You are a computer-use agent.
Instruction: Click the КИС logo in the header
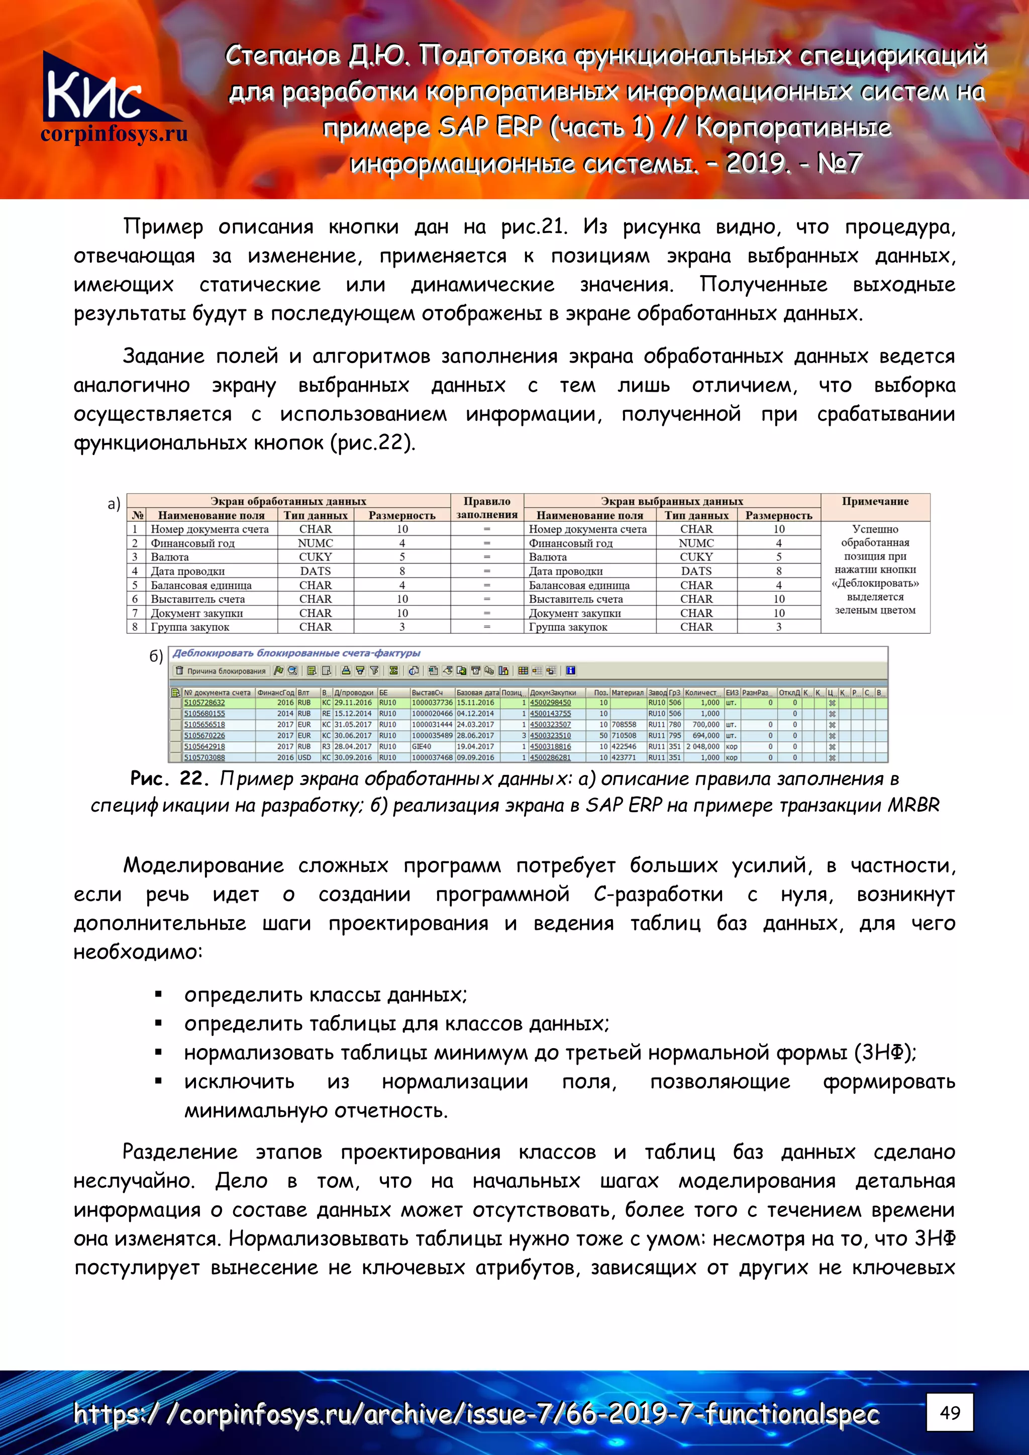pyautogui.click(x=95, y=89)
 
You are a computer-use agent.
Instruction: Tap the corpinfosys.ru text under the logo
pyautogui.click(x=114, y=134)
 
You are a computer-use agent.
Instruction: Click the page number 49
pyautogui.click(x=949, y=1412)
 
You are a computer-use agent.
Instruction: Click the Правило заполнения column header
pyautogui.click(x=487, y=508)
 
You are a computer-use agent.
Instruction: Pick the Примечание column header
pyautogui.click(x=875, y=501)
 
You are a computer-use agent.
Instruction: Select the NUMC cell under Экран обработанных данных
pyautogui.click(x=315, y=543)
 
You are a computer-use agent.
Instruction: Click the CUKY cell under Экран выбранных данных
pyautogui.click(x=696, y=557)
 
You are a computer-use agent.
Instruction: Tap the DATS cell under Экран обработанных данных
pyautogui.click(x=315, y=571)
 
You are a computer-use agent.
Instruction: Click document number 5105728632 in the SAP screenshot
pyautogui.click(x=204, y=703)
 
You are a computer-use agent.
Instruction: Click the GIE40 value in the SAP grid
pyautogui.click(x=422, y=746)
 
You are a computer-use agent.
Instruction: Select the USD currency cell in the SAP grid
pyautogui.click(x=304, y=757)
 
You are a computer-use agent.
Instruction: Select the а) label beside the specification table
pyautogui.click(x=114, y=504)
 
